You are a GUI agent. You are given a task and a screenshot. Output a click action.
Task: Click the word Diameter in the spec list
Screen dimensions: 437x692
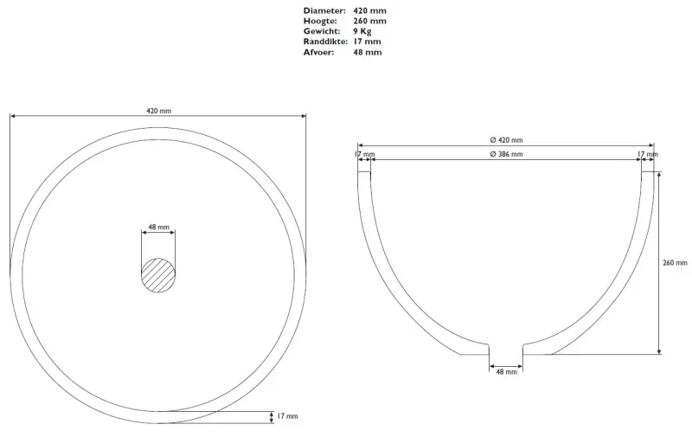tap(322, 10)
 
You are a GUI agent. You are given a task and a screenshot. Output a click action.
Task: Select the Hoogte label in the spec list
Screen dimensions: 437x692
tap(319, 21)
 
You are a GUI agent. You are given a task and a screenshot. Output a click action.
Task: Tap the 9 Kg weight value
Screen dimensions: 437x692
tap(363, 31)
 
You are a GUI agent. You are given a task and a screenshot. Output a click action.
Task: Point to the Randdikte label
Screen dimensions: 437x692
tap(325, 42)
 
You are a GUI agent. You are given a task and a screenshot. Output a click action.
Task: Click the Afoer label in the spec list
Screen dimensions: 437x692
tap(317, 52)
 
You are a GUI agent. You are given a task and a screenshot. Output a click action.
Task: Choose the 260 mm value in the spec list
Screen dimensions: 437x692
tap(369, 21)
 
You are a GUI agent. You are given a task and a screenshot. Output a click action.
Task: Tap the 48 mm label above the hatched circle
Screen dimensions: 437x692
tap(158, 227)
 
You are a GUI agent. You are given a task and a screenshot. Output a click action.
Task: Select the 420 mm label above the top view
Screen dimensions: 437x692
tap(158, 111)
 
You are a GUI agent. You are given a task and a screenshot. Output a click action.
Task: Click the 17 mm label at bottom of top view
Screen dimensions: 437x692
tap(286, 416)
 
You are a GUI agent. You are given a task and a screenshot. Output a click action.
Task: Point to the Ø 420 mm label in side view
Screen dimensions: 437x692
tap(506, 139)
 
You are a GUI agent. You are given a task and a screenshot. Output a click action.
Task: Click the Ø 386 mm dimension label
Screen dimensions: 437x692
tap(506, 154)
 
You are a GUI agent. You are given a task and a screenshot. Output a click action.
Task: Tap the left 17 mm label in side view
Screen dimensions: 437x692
tap(364, 154)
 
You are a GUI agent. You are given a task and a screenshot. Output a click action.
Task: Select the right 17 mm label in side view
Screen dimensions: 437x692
tap(647, 154)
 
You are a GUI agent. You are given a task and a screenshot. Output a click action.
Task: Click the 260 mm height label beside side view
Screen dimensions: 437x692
tap(675, 262)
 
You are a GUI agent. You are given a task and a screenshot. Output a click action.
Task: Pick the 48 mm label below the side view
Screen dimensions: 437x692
tap(506, 372)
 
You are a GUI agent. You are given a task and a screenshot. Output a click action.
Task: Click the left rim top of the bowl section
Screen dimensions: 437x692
tap(364, 170)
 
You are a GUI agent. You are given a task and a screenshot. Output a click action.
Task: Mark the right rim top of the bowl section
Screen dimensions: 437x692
tap(648, 170)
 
